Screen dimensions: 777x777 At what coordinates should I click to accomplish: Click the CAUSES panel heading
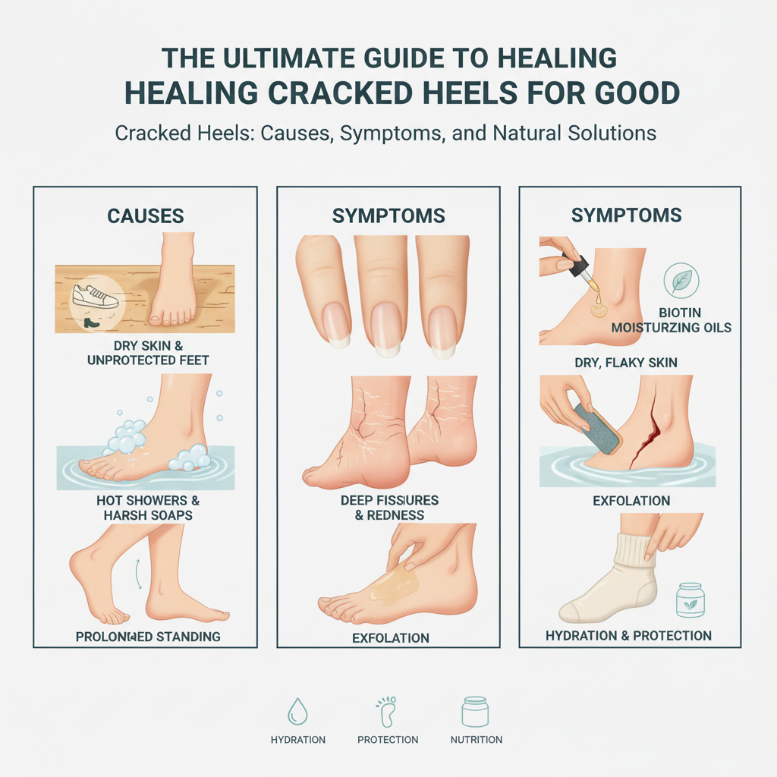pyautogui.click(x=145, y=215)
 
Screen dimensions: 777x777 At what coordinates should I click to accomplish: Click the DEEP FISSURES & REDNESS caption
pyautogui.click(x=388, y=508)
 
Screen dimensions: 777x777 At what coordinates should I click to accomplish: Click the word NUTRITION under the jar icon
pyautogui.click(x=476, y=739)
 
